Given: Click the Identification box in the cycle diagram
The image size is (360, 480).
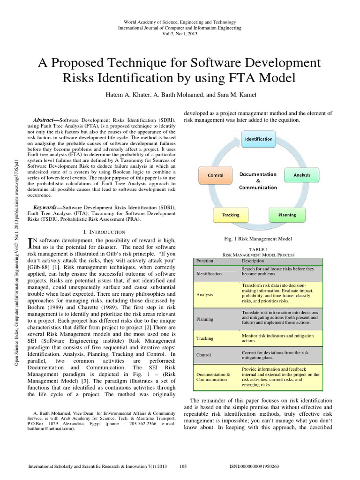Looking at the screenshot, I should click(x=258, y=139).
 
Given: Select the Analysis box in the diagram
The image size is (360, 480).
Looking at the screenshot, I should click(x=302, y=175).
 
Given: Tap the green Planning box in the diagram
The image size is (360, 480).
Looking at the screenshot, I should click(x=287, y=215).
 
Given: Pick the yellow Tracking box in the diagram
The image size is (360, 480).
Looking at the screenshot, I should click(x=230, y=215).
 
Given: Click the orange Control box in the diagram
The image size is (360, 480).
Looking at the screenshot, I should click(x=216, y=176).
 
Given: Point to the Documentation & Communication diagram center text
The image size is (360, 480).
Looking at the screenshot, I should click(x=258, y=180).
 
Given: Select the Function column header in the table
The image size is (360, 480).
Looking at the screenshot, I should click(x=205, y=261).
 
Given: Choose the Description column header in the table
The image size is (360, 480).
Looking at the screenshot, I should click(x=253, y=261).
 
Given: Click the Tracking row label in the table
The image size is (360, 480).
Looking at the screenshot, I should click(x=204, y=338).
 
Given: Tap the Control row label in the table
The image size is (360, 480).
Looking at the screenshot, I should click(x=203, y=355).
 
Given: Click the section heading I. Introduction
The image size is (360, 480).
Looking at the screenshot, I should click(x=104, y=232).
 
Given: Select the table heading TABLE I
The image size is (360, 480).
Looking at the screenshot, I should click(x=258, y=250).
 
